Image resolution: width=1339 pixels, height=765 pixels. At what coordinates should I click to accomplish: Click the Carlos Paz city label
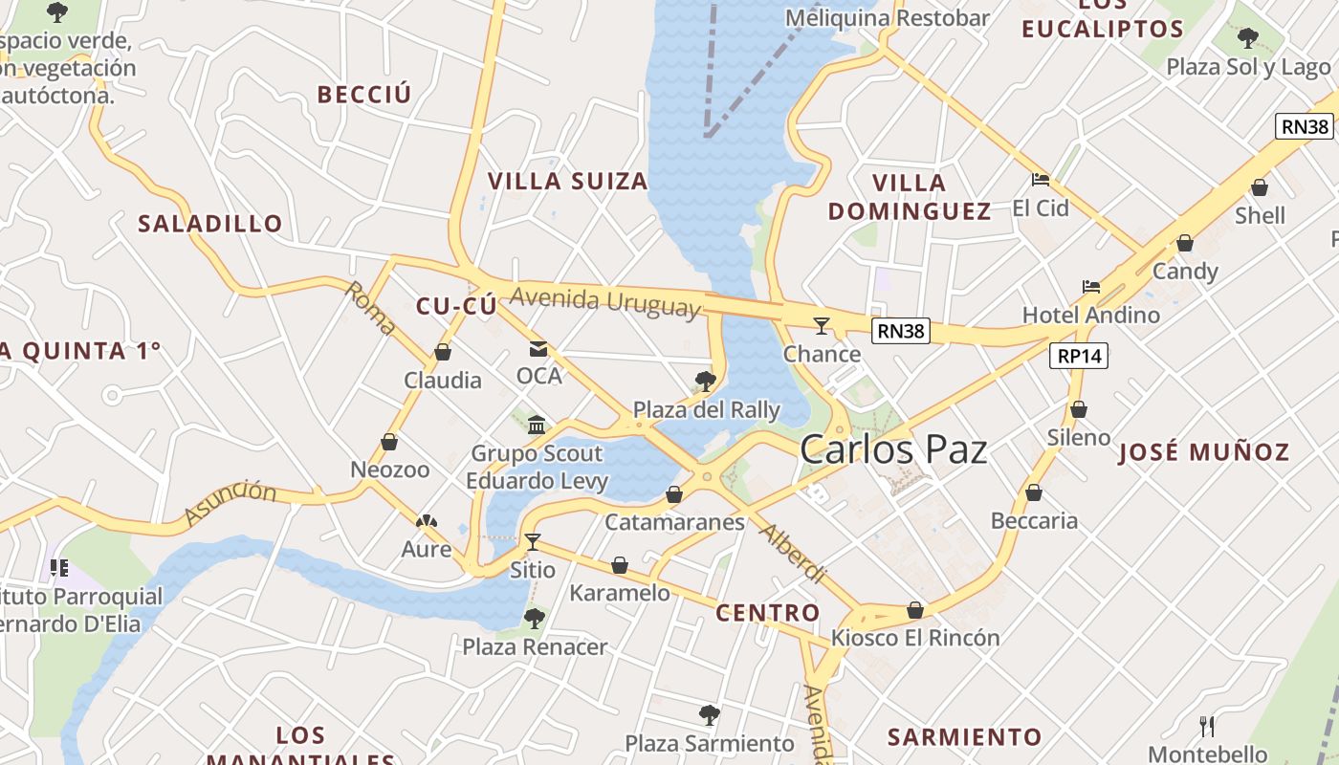[x=893, y=449]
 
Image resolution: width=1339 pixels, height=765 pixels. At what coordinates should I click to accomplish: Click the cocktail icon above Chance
[x=821, y=326]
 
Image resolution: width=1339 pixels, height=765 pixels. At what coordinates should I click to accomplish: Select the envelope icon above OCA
[x=538, y=349]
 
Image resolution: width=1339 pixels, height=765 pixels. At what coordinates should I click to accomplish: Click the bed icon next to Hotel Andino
[x=1090, y=287]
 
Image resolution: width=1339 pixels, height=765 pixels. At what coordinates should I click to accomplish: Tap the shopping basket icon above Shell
[x=1260, y=187]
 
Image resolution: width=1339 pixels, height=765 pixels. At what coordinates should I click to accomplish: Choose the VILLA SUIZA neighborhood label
[x=568, y=182]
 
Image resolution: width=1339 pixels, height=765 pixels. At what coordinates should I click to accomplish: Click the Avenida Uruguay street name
[x=605, y=301]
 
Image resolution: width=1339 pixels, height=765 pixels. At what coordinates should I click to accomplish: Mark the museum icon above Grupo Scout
[x=537, y=425]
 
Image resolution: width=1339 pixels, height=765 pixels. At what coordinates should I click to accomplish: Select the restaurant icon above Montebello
[x=1207, y=727]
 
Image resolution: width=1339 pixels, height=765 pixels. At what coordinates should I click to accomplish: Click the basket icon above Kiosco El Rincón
[x=915, y=610]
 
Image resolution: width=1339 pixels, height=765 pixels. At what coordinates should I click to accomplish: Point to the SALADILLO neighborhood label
[x=210, y=224]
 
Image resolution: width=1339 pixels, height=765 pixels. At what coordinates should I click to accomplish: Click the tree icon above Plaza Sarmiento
[x=709, y=714]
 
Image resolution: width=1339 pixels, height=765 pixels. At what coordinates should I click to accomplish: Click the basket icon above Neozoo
[x=389, y=442]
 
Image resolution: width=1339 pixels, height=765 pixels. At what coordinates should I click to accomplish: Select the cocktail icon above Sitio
[x=533, y=542]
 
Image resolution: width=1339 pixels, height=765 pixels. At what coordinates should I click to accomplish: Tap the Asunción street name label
[x=230, y=503]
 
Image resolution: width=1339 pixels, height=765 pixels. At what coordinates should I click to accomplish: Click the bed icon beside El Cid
[x=1041, y=180]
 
